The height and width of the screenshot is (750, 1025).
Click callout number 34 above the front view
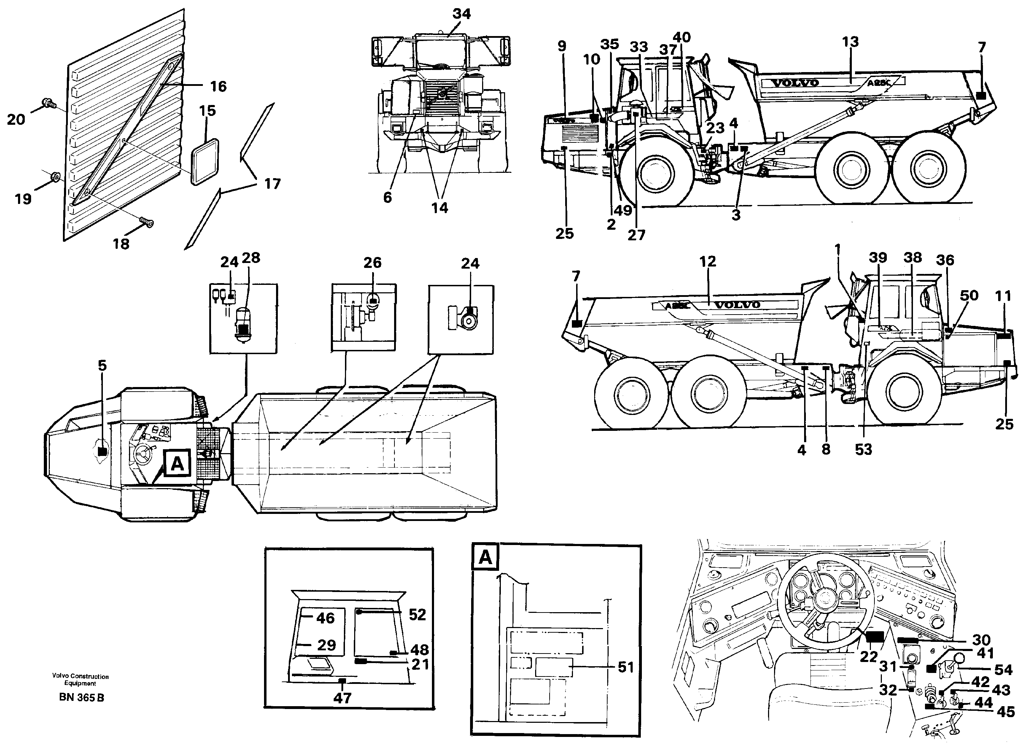[461, 14]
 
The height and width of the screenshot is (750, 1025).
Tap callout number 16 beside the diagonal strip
[218, 86]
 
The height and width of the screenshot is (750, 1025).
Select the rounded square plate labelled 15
[205, 162]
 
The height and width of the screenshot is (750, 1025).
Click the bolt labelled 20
[47, 103]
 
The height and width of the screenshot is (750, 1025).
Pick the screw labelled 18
[147, 221]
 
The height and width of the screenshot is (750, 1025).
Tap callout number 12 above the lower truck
[707, 261]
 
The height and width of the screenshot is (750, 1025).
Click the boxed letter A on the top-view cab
[177, 463]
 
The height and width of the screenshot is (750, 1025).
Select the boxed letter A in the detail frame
[485, 557]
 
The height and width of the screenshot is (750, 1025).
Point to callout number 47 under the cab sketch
[342, 698]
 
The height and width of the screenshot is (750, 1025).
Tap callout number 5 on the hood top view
[102, 365]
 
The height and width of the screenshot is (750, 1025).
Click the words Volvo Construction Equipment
[80, 680]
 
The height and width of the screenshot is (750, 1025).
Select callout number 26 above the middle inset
[372, 262]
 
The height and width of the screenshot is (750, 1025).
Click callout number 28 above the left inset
[251, 258]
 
